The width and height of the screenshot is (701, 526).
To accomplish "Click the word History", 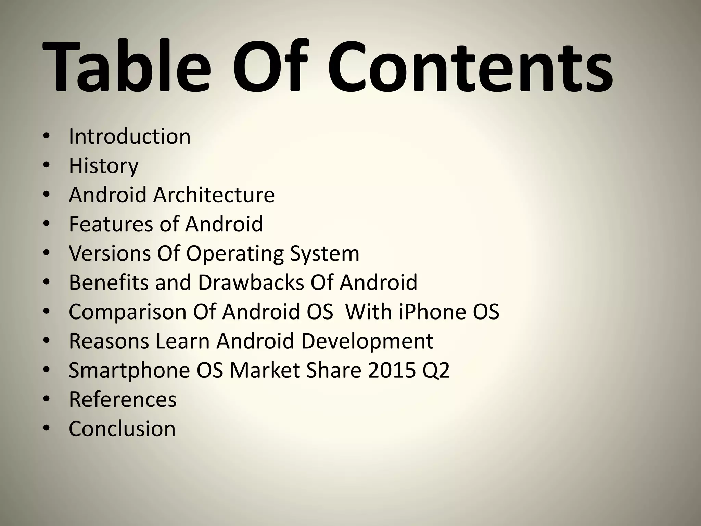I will [103, 166].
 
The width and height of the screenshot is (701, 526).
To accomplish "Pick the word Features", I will [111, 224].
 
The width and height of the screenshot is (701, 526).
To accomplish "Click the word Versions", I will [110, 253].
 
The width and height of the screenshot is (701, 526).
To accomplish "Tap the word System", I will [324, 254].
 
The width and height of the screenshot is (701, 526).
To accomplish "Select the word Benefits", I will [109, 283].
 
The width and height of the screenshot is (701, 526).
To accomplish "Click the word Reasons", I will [109, 341].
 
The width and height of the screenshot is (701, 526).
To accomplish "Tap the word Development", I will [367, 341].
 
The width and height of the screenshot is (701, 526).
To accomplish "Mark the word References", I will [123, 399].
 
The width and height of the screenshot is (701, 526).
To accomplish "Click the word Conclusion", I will [122, 428].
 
